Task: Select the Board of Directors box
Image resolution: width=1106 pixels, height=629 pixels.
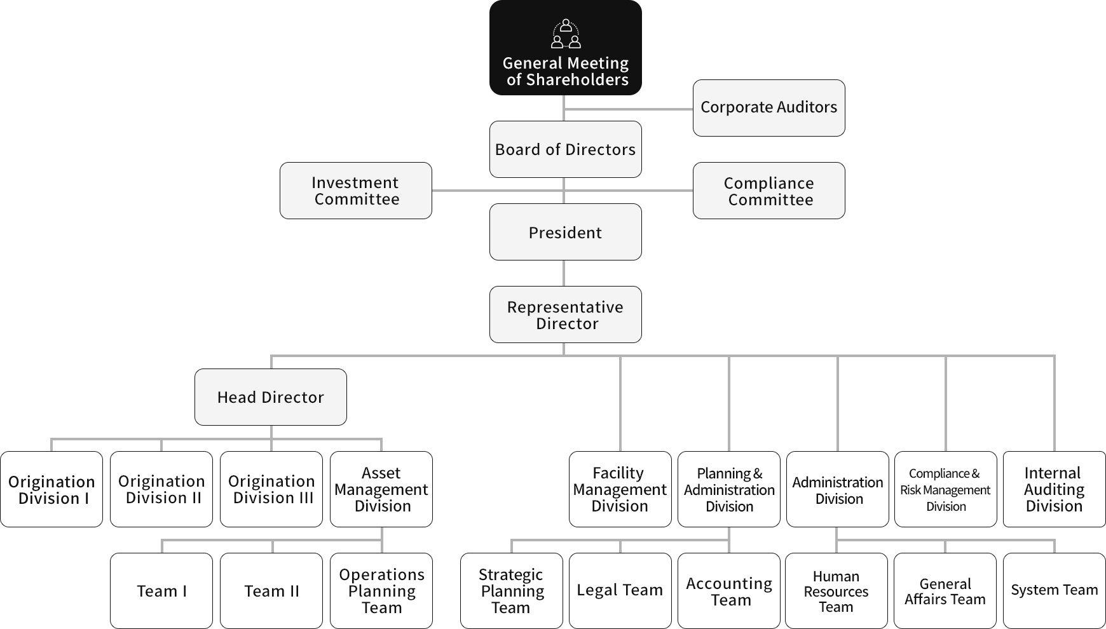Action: click(x=565, y=149)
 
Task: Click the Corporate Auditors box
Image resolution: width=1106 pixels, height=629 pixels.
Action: click(x=768, y=107)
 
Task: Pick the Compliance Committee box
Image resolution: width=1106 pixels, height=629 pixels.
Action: click(x=768, y=191)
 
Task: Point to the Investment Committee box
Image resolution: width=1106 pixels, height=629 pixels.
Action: click(x=355, y=191)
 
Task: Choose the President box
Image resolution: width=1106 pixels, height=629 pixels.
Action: click(x=565, y=232)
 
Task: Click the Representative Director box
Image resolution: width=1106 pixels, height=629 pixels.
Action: click(x=565, y=314)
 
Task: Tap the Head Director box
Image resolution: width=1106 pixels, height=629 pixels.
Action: click(x=270, y=397)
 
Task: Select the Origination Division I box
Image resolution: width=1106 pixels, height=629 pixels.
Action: click(x=51, y=489)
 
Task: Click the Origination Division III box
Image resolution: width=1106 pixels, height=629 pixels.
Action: click(x=271, y=489)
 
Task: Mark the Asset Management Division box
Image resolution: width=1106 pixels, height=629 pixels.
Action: click(x=381, y=489)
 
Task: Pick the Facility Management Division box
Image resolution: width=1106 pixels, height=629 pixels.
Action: click(x=620, y=489)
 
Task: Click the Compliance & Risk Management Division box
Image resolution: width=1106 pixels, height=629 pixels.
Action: click(x=945, y=489)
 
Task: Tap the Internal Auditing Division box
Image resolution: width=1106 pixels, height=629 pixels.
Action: click(x=1054, y=489)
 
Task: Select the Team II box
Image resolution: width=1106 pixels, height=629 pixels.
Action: click(x=271, y=591)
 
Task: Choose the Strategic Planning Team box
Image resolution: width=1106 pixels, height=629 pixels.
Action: click(x=511, y=591)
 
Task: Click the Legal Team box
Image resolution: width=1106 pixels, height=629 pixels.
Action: click(x=620, y=591)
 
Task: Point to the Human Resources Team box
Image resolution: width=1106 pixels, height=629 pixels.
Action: click(x=836, y=591)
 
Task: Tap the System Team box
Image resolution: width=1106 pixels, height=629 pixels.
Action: click(x=1054, y=591)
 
